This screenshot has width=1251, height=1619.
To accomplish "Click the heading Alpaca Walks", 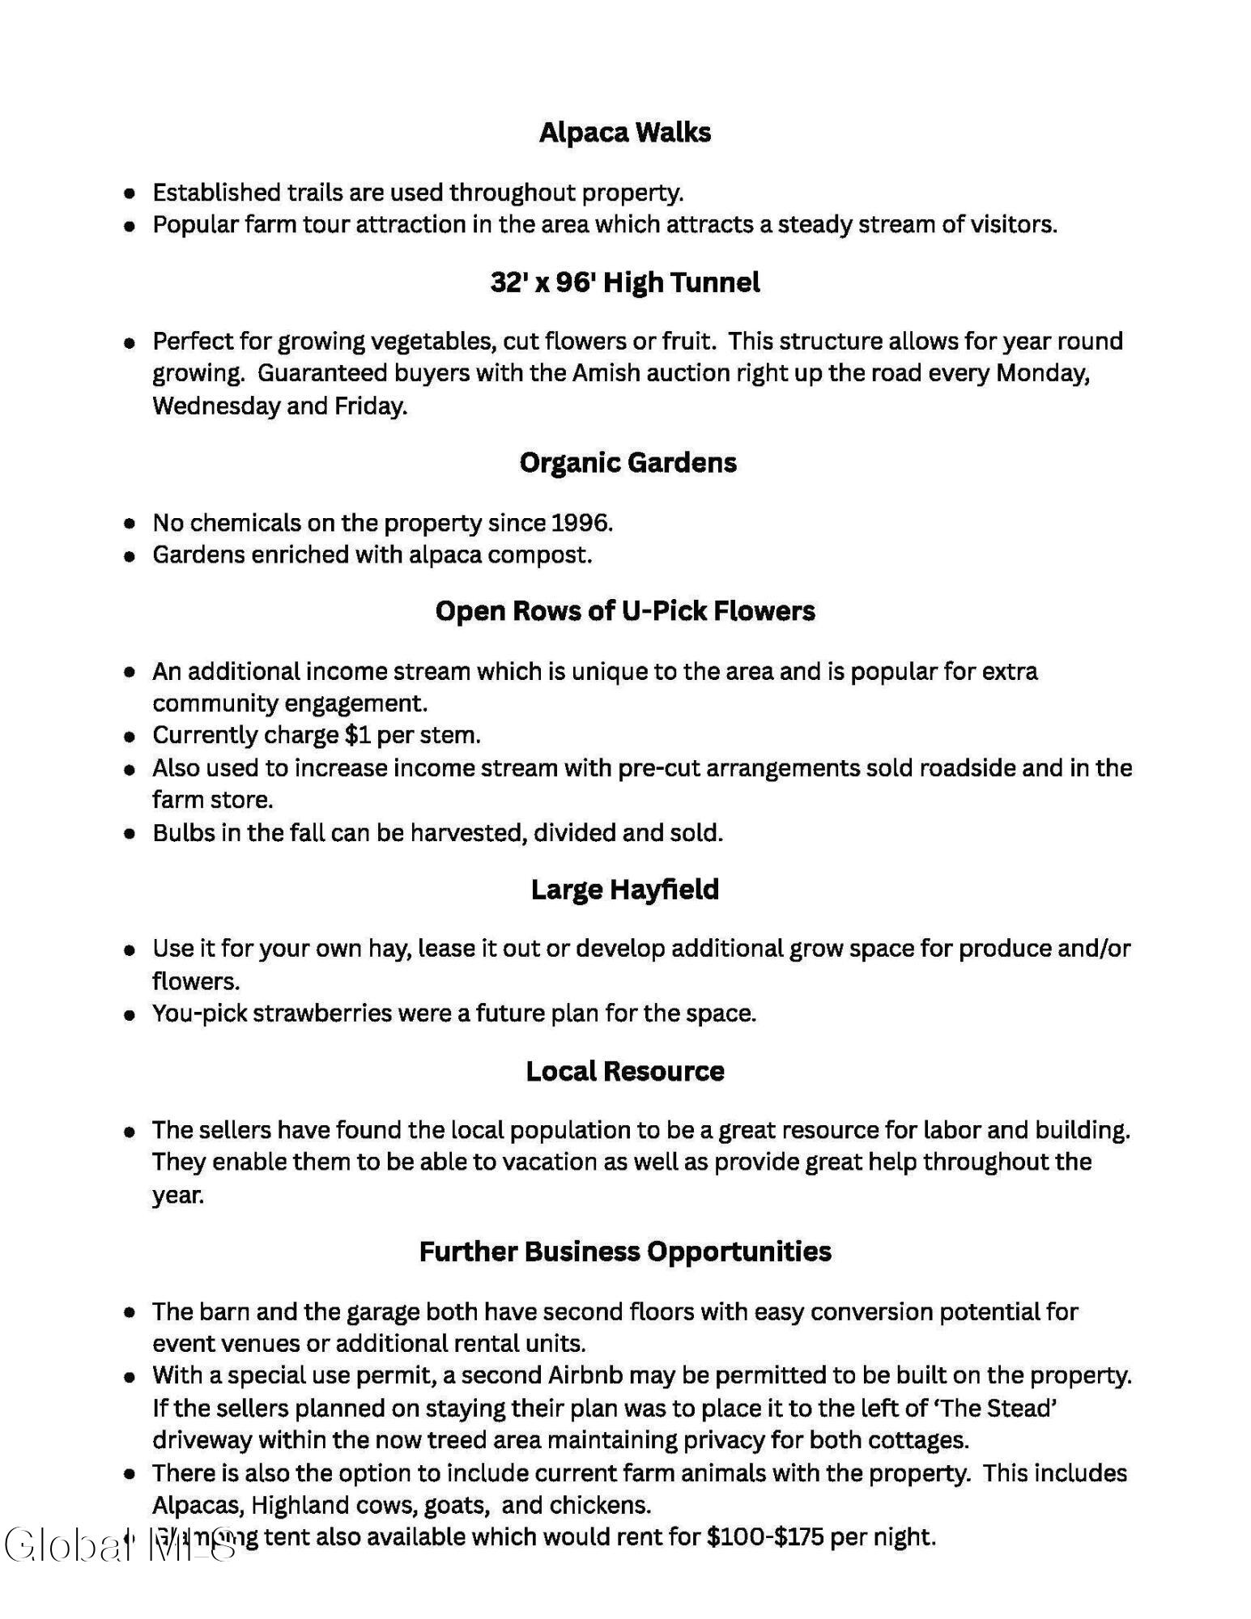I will pyautogui.click(x=624, y=132).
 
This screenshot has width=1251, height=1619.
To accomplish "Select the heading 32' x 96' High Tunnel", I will pyautogui.click(x=624, y=283).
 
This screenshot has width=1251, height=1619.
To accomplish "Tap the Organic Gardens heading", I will pyautogui.click(x=628, y=462).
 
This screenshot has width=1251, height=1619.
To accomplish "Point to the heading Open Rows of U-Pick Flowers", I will pyautogui.click(x=624, y=610).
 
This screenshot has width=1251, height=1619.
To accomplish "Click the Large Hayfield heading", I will pyautogui.click(x=624, y=889).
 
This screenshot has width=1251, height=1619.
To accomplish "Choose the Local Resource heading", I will pyautogui.click(x=624, y=1071).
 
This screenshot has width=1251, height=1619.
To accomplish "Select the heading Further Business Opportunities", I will pyautogui.click(x=624, y=1251).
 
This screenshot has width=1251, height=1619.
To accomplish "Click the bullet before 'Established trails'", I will pyautogui.click(x=129, y=193).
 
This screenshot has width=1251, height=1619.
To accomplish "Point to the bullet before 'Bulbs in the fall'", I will pyautogui.click(x=129, y=834).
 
